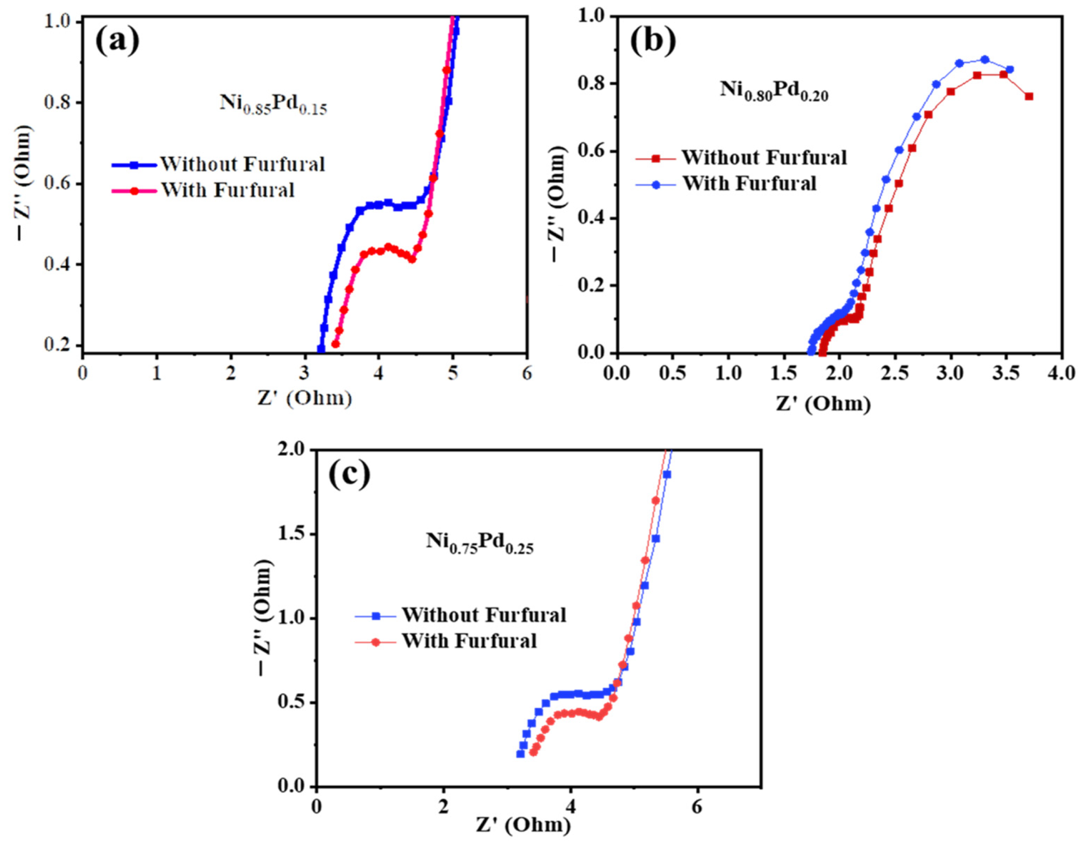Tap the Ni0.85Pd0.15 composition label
point(274,105)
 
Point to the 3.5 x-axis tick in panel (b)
point(1006,372)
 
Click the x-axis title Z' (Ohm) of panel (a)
point(304,399)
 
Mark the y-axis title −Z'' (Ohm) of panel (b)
point(559,204)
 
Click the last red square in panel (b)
point(1029,96)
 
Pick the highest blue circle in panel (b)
point(985,60)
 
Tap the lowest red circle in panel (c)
point(533,752)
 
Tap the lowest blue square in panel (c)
point(520,754)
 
